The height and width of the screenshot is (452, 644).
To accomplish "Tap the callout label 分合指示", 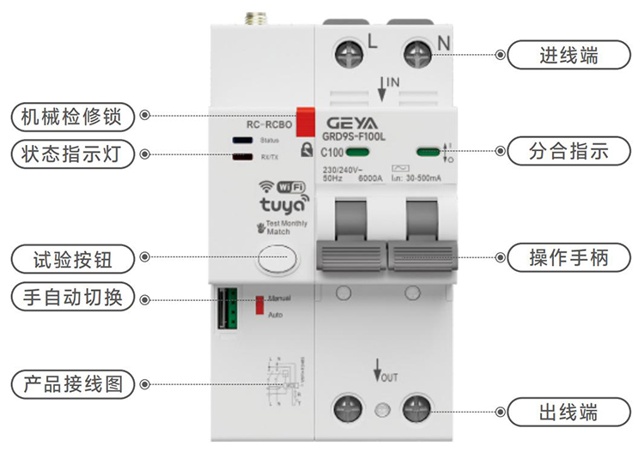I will pos(568,152).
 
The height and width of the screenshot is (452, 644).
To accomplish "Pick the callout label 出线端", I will pos(568,410).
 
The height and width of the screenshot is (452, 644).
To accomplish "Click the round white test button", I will pos(276,258).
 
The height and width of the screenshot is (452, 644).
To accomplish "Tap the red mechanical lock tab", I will pos(304,120).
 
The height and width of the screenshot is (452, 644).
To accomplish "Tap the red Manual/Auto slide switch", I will pos(259,304).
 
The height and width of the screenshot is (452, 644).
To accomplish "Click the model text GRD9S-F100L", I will pos(354,135).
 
